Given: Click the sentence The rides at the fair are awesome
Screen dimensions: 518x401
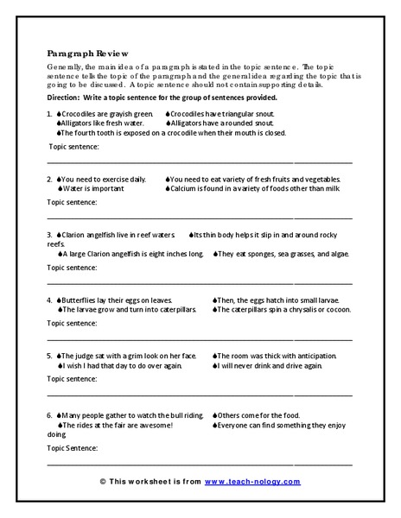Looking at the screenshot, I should [118, 426].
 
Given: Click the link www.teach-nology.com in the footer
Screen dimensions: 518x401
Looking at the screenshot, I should [253, 482].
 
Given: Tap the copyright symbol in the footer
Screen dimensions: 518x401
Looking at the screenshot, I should [103, 482].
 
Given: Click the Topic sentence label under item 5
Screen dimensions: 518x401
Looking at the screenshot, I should [72, 378].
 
